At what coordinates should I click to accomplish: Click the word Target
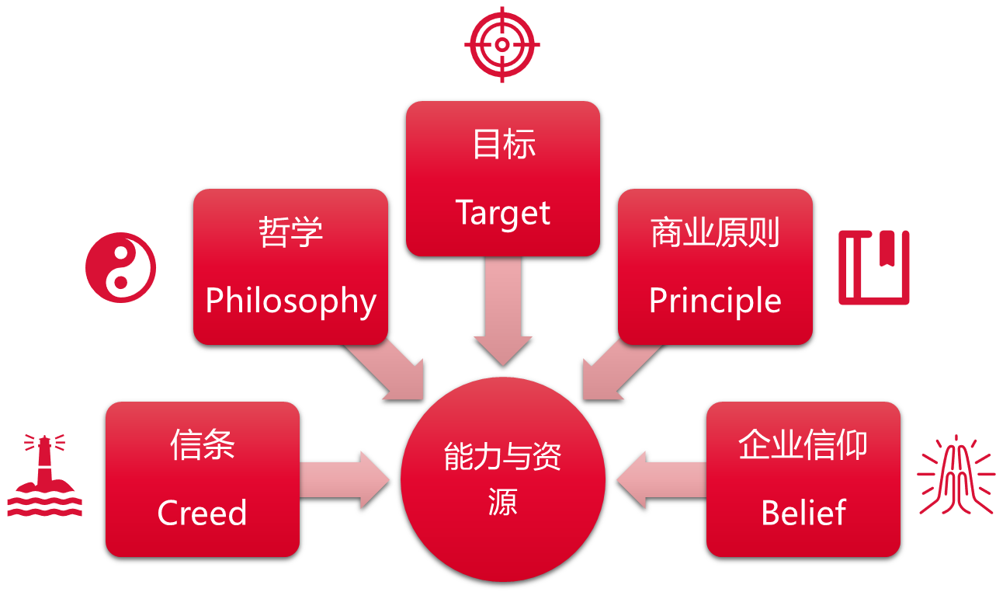[503, 213]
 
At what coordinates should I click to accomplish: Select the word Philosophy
[290, 301]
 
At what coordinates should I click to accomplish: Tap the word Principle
[715, 301]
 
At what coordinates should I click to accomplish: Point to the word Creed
[202, 514]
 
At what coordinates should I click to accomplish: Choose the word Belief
[803, 514]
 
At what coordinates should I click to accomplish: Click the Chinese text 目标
[504, 145]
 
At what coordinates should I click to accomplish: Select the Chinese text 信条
[202, 446]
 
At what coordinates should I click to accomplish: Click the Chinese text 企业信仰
[803, 446]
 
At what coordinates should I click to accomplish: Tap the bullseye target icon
[502, 44]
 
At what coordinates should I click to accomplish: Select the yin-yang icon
[120, 267]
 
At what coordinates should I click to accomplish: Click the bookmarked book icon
[873, 267]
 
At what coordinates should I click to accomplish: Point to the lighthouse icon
[44, 476]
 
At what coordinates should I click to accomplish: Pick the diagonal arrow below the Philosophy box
[388, 371]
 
